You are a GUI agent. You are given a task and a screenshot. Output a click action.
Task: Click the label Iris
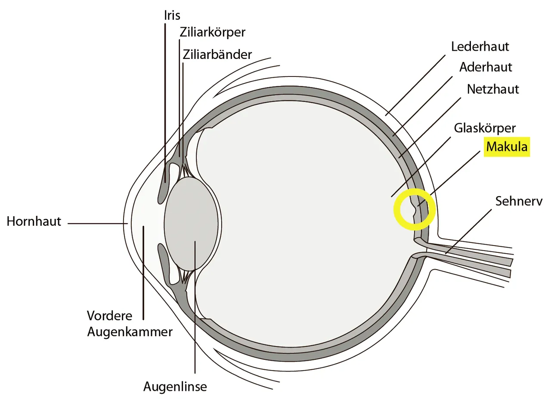pyautogui.click(x=172, y=15)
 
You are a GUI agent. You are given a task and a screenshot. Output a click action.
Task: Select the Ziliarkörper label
pyautogui.click(x=213, y=32)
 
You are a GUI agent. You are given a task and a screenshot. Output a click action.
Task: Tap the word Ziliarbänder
pyautogui.click(x=217, y=55)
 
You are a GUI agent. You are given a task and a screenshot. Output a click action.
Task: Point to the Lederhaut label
pyautogui.click(x=480, y=46)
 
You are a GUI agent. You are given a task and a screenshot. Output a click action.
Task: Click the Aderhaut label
pyautogui.click(x=486, y=67)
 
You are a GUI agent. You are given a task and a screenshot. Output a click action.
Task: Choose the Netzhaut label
pyautogui.click(x=493, y=89)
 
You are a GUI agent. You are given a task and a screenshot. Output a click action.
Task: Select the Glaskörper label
pyautogui.click(x=485, y=128)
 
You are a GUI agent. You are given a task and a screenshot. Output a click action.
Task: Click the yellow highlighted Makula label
pyautogui.click(x=507, y=147)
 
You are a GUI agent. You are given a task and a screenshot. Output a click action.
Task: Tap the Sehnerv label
pyautogui.click(x=519, y=201)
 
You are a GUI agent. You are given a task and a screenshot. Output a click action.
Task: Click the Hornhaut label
pyautogui.click(x=34, y=221)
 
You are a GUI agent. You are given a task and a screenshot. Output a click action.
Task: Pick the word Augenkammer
pyautogui.click(x=130, y=332)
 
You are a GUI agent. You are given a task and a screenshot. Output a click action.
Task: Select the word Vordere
pyautogui.click(x=109, y=316)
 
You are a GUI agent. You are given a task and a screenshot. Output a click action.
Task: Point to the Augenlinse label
pyautogui.click(x=175, y=387)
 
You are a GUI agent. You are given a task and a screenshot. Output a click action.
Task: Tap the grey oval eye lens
pyautogui.click(x=191, y=224)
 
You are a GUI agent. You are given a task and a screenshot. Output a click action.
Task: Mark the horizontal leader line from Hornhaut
pyautogui.click(x=98, y=224)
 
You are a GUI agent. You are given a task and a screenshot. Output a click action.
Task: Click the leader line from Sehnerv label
pyautogui.click(x=468, y=231)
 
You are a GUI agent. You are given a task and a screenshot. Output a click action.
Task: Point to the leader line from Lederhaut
pyautogui.click(x=415, y=85)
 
